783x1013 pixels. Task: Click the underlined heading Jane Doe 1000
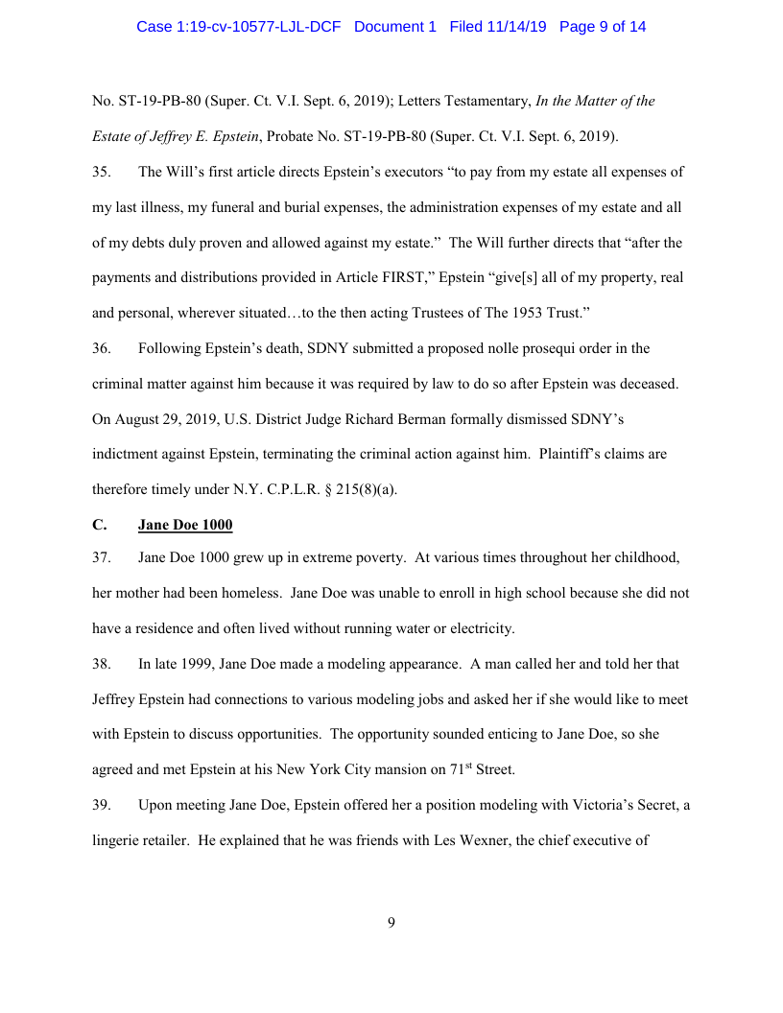[x=185, y=525]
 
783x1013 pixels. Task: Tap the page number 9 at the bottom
[x=391, y=923]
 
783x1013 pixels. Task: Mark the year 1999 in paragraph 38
[x=192, y=664]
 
